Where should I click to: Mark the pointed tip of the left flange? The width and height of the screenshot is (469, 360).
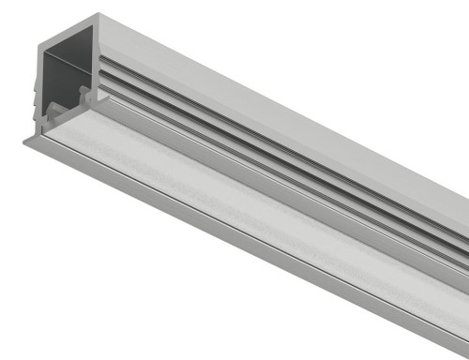(23, 140)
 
